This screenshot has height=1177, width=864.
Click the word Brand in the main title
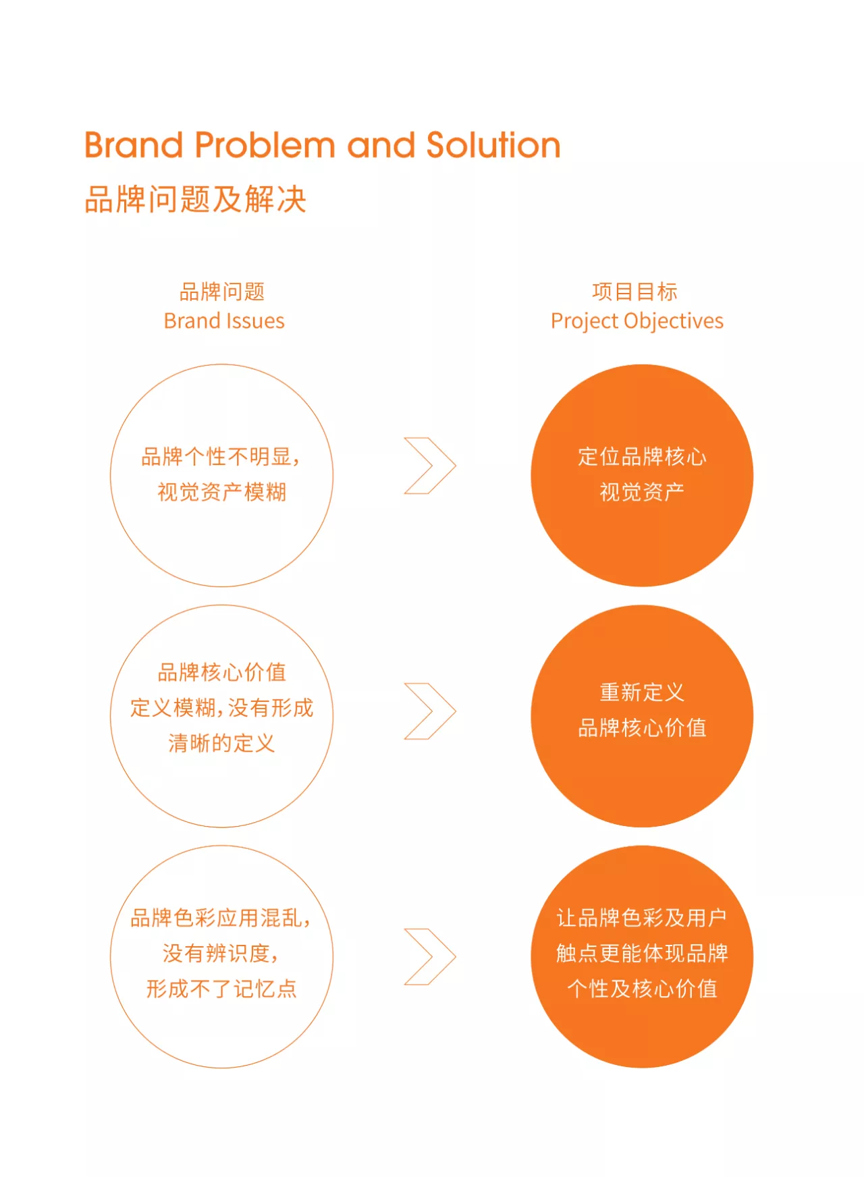134,145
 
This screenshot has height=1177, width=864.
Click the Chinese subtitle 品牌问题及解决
196,200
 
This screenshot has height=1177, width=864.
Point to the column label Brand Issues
224,321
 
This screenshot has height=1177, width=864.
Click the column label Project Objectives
637,321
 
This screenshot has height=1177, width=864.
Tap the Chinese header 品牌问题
222,292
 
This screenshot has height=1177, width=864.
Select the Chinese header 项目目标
634,292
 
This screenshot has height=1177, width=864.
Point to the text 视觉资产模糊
222,492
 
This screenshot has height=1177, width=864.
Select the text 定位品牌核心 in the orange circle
642,457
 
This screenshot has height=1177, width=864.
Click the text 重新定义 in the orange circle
642,692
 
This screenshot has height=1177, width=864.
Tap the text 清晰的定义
222,743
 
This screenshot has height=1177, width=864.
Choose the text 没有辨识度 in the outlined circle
216,954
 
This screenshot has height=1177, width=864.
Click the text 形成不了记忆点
222,989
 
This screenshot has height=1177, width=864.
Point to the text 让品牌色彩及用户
642,918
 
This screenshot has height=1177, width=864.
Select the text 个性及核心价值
642,989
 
